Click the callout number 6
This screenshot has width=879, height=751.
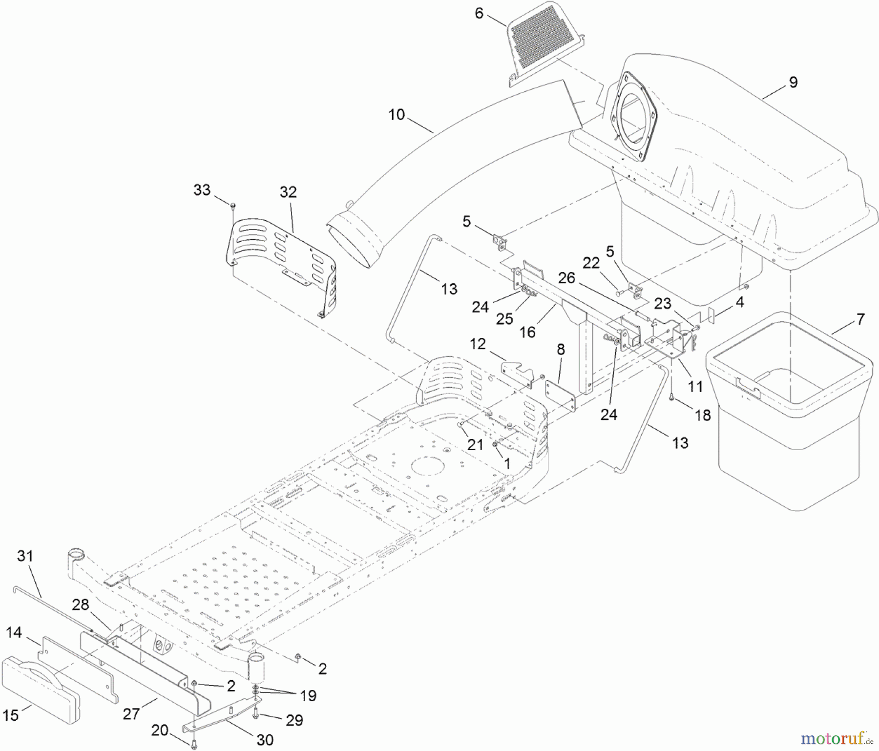pyautogui.click(x=479, y=13)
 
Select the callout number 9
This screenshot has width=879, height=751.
pyautogui.click(x=793, y=82)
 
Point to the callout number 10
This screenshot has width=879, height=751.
pyautogui.click(x=397, y=115)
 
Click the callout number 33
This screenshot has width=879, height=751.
pyautogui.click(x=202, y=190)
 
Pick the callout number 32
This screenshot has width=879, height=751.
pyautogui.click(x=288, y=192)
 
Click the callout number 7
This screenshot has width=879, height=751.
pyautogui.click(x=860, y=319)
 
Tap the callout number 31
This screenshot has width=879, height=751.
pyautogui.click(x=25, y=556)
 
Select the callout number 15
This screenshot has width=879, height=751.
pyautogui.click(x=10, y=715)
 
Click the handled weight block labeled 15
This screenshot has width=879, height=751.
pyautogui.click(x=41, y=683)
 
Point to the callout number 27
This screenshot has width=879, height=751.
pyautogui.click(x=131, y=714)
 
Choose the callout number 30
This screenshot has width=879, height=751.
pyautogui.click(x=265, y=740)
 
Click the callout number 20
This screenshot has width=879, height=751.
pyautogui.click(x=160, y=731)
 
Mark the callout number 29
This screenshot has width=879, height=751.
pyautogui.click(x=294, y=720)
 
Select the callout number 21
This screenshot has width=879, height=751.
pyautogui.click(x=475, y=444)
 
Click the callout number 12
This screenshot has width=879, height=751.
pyautogui.click(x=478, y=344)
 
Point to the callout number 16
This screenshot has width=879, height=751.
pyautogui.click(x=527, y=332)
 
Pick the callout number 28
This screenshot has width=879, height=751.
pyautogui.click(x=81, y=605)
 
